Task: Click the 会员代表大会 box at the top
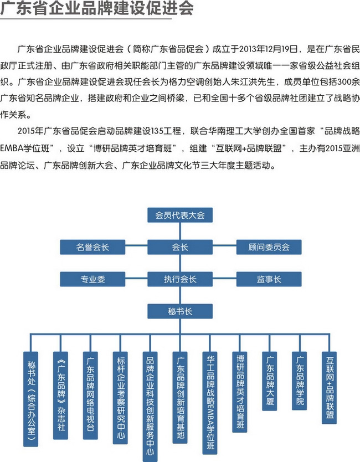click(180, 215)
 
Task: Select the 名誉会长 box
click(92, 247)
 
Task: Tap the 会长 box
click(180, 247)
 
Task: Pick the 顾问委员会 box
click(269, 247)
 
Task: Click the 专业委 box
click(92, 279)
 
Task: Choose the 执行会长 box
click(180, 279)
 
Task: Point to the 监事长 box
click(269, 279)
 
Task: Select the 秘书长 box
click(180, 311)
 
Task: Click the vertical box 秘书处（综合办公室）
click(30, 399)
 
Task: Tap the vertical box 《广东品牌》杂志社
click(60, 396)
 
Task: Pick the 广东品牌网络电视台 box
click(90, 396)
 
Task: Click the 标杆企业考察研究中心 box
click(120, 398)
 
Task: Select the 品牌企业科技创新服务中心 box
click(150, 407)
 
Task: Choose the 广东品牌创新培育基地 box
click(179, 398)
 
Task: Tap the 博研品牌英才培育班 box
click(239, 392)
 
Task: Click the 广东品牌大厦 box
click(270, 381)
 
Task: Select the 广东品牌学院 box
click(299, 381)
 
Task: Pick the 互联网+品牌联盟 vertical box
click(329, 388)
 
